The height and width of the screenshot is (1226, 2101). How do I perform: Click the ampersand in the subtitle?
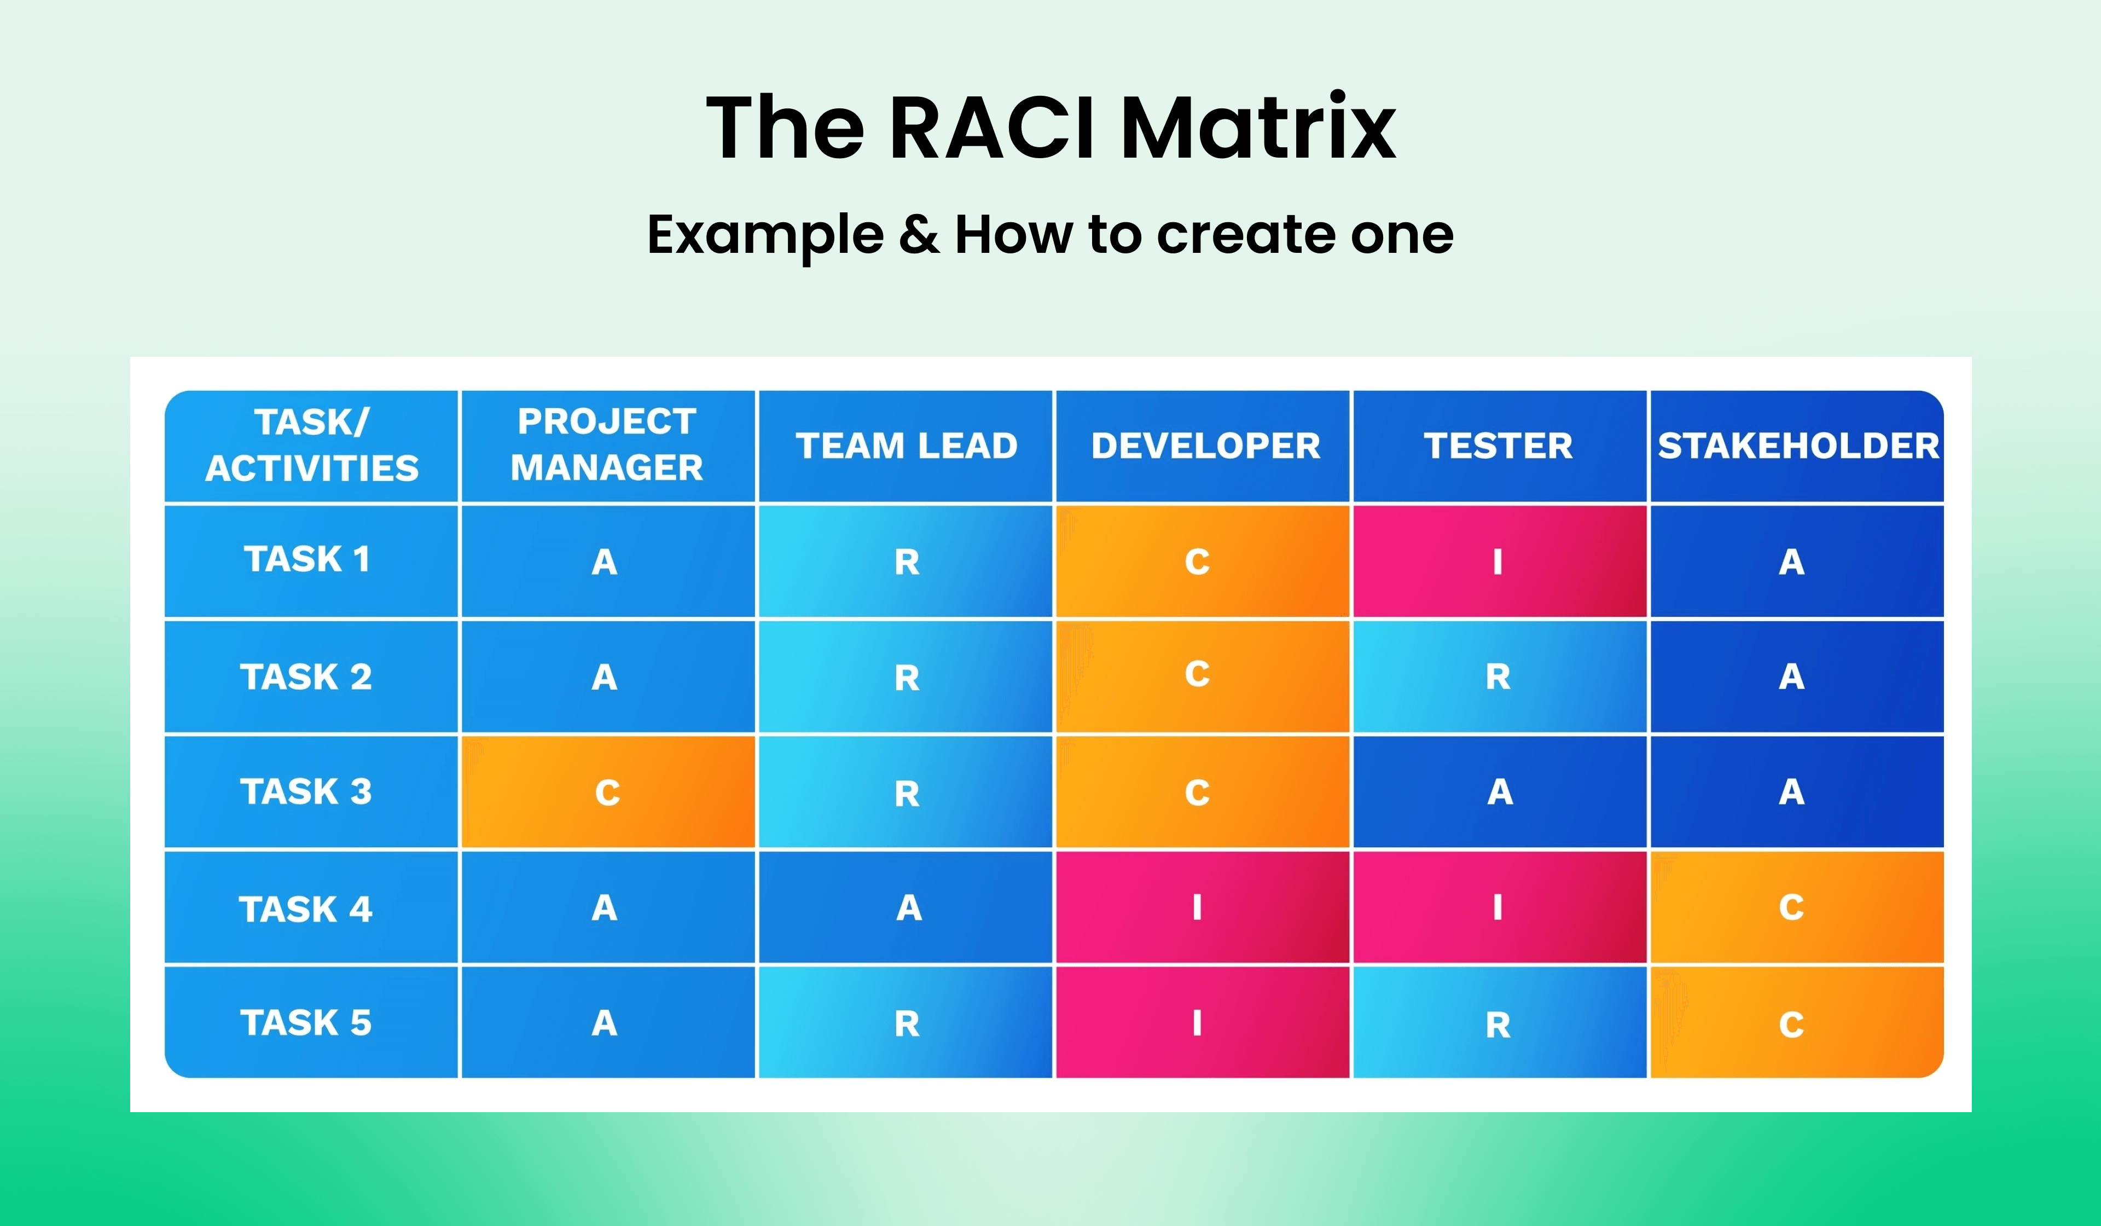[x=918, y=235]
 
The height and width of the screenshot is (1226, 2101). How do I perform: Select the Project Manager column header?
[x=607, y=446]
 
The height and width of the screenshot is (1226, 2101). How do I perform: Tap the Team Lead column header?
[x=906, y=446]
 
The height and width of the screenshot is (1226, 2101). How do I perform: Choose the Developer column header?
[x=1205, y=446]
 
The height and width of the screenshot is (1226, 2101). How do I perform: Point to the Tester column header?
[x=1498, y=446]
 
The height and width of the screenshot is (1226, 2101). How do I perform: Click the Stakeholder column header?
[x=1797, y=446]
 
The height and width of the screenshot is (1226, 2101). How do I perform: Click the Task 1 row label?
[x=307, y=559]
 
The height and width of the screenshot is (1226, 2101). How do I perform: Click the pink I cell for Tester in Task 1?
[x=1498, y=562]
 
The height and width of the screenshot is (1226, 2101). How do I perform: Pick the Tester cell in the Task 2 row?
[x=1498, y=676]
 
